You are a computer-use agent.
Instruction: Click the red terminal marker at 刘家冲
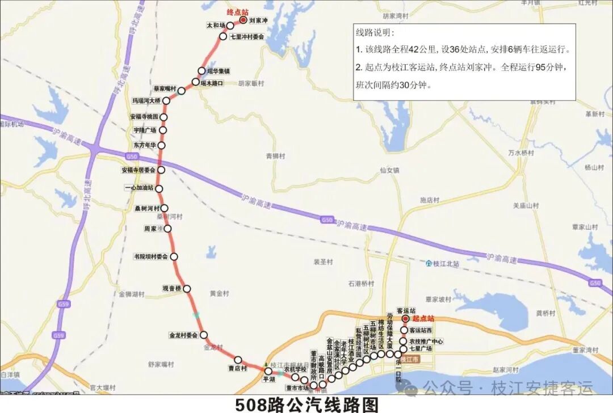(x=243, y=20)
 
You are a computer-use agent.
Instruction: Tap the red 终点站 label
(x=237, y=11)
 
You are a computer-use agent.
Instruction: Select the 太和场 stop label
(x=216, y=26)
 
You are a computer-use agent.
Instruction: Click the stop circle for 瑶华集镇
(x=201, y=71)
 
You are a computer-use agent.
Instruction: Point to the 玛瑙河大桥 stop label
(x=146, y=100)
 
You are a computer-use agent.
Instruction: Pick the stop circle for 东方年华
(x=161, y=146)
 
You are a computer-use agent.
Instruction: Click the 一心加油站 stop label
(x=138, y=188)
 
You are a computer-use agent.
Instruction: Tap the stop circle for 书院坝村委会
(x=174, y=256)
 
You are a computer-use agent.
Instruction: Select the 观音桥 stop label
(x=171, y=289)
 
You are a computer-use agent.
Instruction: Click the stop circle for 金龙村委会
(x=203, y=335)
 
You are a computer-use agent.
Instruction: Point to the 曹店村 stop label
(x=237, y=369)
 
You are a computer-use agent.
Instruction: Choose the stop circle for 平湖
(x=268, y=371)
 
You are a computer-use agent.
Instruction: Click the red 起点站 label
(x=423, y=319)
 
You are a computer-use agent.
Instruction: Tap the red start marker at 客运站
(x=405, y=319)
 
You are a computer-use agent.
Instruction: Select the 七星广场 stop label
(x=421, y=349)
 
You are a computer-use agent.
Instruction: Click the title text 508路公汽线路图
(x=306, y=404)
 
